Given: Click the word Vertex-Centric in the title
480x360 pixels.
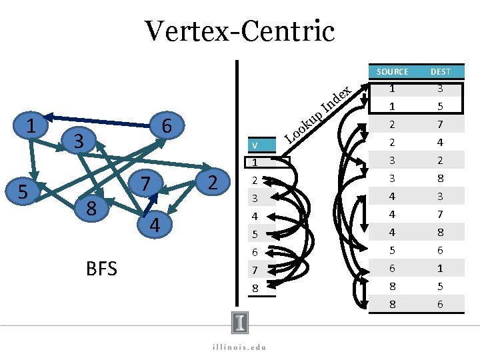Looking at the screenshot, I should point(239,31).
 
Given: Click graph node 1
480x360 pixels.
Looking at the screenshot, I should point(29,125).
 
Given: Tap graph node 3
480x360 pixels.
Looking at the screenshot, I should point(78,141).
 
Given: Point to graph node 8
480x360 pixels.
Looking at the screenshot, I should point(93,209).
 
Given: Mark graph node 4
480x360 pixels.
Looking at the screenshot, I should point(154,225).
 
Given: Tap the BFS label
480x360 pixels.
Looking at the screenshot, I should point(101,269).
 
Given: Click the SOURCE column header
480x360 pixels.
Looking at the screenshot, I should point(392,71).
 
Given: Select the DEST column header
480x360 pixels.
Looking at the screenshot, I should point(440,71).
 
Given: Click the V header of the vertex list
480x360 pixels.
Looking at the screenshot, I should point(254,145).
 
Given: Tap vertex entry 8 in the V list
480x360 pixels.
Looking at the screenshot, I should point(254,288).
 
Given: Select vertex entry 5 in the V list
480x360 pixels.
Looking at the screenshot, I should point(254,235).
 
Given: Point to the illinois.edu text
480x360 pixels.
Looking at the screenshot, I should point(239,346).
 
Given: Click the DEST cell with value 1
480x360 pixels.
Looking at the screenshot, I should point(440,269).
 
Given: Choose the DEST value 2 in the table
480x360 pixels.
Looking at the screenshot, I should point(440,161).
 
